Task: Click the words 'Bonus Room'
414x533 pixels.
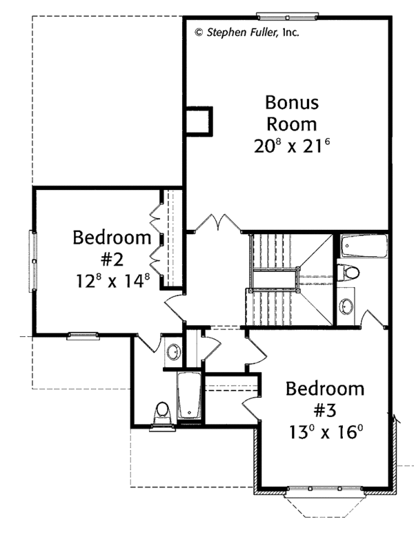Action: pyautogui.click(x=292, y=114)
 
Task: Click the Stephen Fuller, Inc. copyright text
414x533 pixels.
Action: pyautogui.click(x=246, y=32)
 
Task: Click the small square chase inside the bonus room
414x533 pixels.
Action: pyautogui.click(x=199, y=121)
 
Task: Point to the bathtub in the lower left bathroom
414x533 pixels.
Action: pyautogui.click(x=187, y=396)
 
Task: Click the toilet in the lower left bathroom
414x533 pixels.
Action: pyautogui.click(x=163, y=414)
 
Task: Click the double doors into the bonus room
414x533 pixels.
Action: pyautogui.click(x=219, y=224)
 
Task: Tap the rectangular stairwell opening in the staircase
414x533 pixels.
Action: pyautogui.click(x=274, y=280)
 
